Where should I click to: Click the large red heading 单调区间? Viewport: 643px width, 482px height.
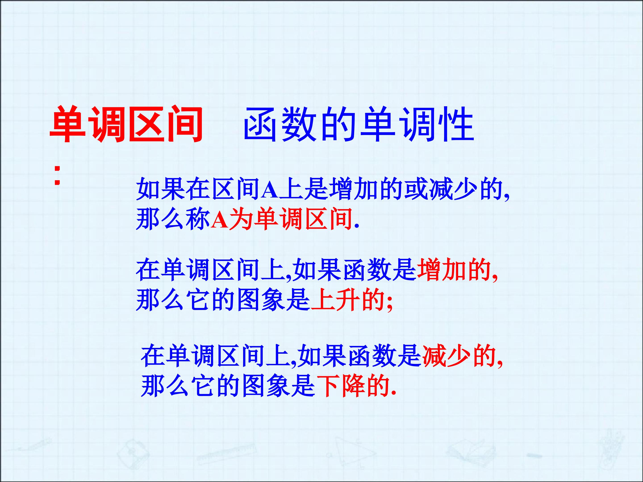tap(126, 124)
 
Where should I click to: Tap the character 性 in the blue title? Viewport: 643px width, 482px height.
tap(456, 124)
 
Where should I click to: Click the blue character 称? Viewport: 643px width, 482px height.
tap(198, 219)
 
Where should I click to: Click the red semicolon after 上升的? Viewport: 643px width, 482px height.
tap(390, 303)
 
